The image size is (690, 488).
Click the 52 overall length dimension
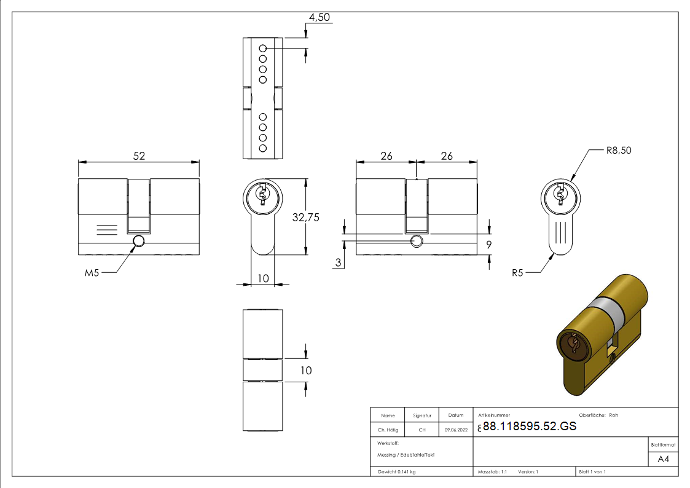(x=139, y=156)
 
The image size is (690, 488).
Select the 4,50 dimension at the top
(x=320, y=17)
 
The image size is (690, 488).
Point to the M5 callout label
(x=92, y=273)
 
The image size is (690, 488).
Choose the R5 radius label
(x=519, y=272)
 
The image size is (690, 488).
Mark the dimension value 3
(x=339, y=263)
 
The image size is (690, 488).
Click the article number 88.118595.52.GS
(x=530, y=427)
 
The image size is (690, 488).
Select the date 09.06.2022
(x=455, y=430)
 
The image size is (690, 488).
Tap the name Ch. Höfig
(x=388, y=430)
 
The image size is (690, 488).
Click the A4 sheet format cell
(x=664, y=459)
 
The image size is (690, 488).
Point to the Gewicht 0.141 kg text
(x=396, y=471)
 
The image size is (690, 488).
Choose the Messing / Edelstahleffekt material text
(x=406, y=455)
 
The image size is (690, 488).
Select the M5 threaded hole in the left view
(x=139, y=240)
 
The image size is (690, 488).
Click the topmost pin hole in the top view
(x=262, y=48)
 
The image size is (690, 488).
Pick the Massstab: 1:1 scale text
(x=492, y=471)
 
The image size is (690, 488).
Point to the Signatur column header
(x=422, y=415)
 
